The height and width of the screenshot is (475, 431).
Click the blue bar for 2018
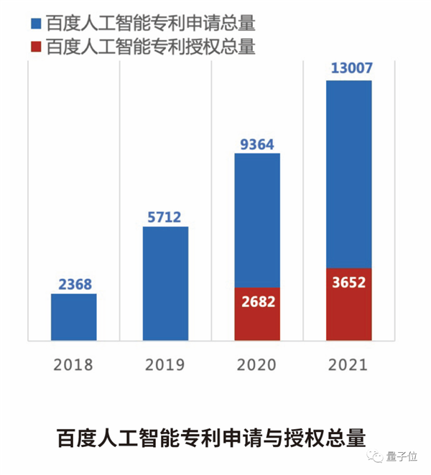click(x=73, y=316)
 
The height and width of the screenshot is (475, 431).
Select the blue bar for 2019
click(x=165, y=283)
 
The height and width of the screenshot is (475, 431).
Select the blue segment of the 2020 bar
click(x=257, y=219)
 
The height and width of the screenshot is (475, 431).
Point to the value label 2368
click(x=74, y=284)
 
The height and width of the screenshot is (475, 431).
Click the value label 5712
click(x=165, y=217)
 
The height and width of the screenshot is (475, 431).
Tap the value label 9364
click(x=257, y=144)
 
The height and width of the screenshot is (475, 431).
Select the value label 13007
click(x=349, y=69)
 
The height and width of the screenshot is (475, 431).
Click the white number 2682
click(x=257, y=300)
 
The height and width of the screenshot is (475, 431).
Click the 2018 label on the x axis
click(x=74, y=365)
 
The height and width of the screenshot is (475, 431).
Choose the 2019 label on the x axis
click(x=165, y=365)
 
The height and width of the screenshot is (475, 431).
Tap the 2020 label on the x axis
click(x=257, y=365)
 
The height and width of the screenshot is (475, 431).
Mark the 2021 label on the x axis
click(x=349, y=365)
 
